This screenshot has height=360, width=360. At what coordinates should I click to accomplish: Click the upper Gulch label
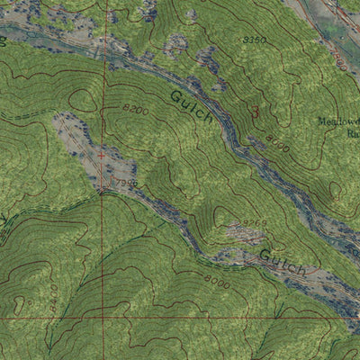click(192, 105)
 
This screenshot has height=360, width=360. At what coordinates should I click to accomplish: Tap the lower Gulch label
click(282, 263)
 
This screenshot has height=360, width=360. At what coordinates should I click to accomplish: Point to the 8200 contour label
click(134, 108)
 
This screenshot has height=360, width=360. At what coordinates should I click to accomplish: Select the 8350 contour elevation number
click(255, 40)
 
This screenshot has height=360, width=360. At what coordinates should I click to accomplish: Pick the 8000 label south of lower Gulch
click(217, 280)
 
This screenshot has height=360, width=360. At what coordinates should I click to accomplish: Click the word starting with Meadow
click(337, 121)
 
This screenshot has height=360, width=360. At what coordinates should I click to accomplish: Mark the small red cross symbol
click(101, 155)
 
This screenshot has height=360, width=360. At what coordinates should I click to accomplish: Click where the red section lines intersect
click(102, 318)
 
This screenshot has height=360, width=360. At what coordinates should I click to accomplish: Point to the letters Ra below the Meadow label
click(353, 132)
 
